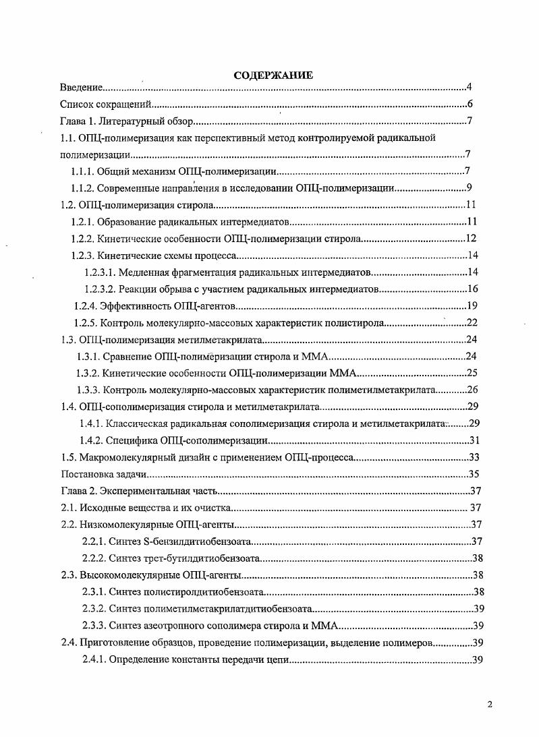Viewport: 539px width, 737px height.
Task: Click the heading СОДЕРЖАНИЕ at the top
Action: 273,75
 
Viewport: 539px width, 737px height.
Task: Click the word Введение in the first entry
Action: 81,88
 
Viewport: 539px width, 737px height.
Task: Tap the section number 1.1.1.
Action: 83,171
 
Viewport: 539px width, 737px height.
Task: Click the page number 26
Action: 472,390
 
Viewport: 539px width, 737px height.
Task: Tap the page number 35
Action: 473,474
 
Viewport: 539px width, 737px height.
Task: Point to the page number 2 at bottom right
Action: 490,705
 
